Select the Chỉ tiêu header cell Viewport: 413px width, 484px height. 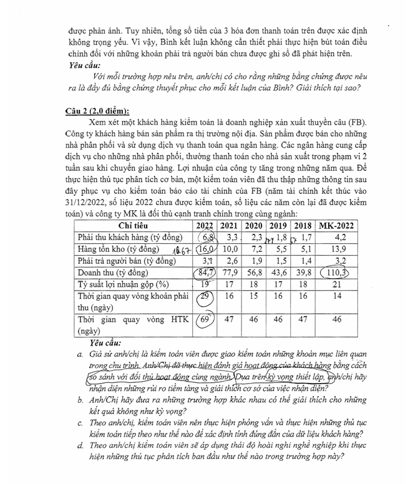point(132,226)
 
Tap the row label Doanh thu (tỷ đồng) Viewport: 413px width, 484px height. point(117,273)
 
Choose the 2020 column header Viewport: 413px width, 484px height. point(253,226)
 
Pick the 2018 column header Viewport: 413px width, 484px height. point(303,226)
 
